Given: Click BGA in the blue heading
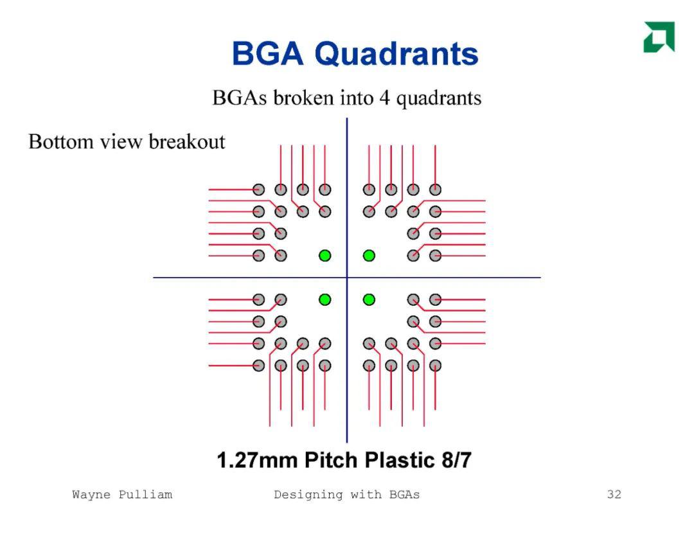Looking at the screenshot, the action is pyautogui.click(x=268, y=53).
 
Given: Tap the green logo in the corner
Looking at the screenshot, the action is pyautogui.click(x=659, y=37).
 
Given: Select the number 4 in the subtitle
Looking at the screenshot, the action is pyautogui.click(x=385, y=98).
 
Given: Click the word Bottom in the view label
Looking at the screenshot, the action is pyautogui.click(x=61, y=141).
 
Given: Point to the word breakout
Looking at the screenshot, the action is pyautogui.click(x=187, y=141).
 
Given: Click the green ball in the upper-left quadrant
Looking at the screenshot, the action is pyautogui.click(x=325, y=256).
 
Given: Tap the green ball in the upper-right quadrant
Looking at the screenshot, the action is pyautogui.click(x=369, y=256).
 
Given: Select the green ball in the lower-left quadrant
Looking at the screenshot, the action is pyautogui.click(x=325, y=299).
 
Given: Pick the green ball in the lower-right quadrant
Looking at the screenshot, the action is pyautogui.click(x=369, y=299).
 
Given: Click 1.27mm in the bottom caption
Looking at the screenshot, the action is pyautogui.click(x=257, y=460).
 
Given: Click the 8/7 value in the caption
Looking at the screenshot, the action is pyautogui.click(x=456, y=460).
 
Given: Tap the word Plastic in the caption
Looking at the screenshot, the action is pyautogui.click(x=400, y=460).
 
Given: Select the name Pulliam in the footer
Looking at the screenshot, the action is pyautogui.click(x=145, y=495).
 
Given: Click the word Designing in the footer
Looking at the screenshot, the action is pyautogui.click(x=308, y=495).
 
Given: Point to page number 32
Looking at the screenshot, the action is pyautogui.click(x=614, y=494).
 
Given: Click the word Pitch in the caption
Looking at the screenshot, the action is pyautogui.click(x=331, y=460).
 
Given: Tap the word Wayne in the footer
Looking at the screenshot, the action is pyautogui.click(x=91, y=495).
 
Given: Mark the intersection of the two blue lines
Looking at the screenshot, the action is pyautogui.click(x=347, y=278).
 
